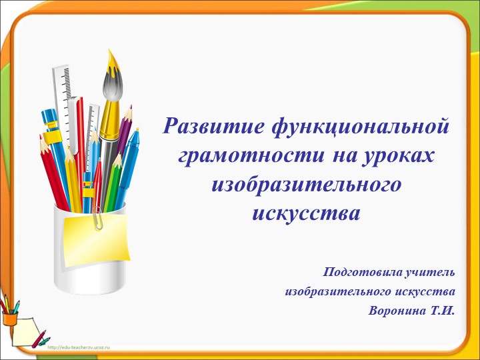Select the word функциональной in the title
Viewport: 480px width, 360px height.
click(353, 125)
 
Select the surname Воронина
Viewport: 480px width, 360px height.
click(397, 311)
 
